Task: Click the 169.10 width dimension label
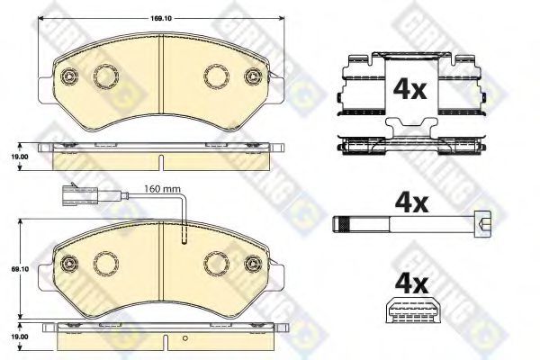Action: tap(161, 18)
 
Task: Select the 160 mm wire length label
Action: tap(162, 189)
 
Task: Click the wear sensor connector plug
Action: tap(74, 195)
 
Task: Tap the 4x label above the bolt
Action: tap(411, 203)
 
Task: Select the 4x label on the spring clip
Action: tap(409, 89)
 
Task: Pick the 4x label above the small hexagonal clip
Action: tap(411, 284)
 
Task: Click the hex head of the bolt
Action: tap(482, 225)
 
